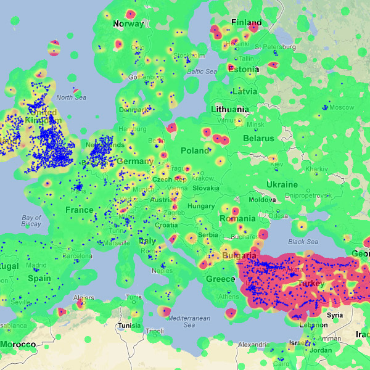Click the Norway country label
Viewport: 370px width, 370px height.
(x=128, y=24)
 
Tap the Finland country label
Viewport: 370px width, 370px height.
(x=245, y=23)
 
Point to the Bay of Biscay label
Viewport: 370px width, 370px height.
(x=31, y=221)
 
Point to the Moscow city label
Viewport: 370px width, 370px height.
(x=341, y=107)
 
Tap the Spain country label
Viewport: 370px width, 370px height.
(x=39, y=279)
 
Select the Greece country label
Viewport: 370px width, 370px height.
(x=220, y=279)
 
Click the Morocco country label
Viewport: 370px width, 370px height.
(x=17, y=343)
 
